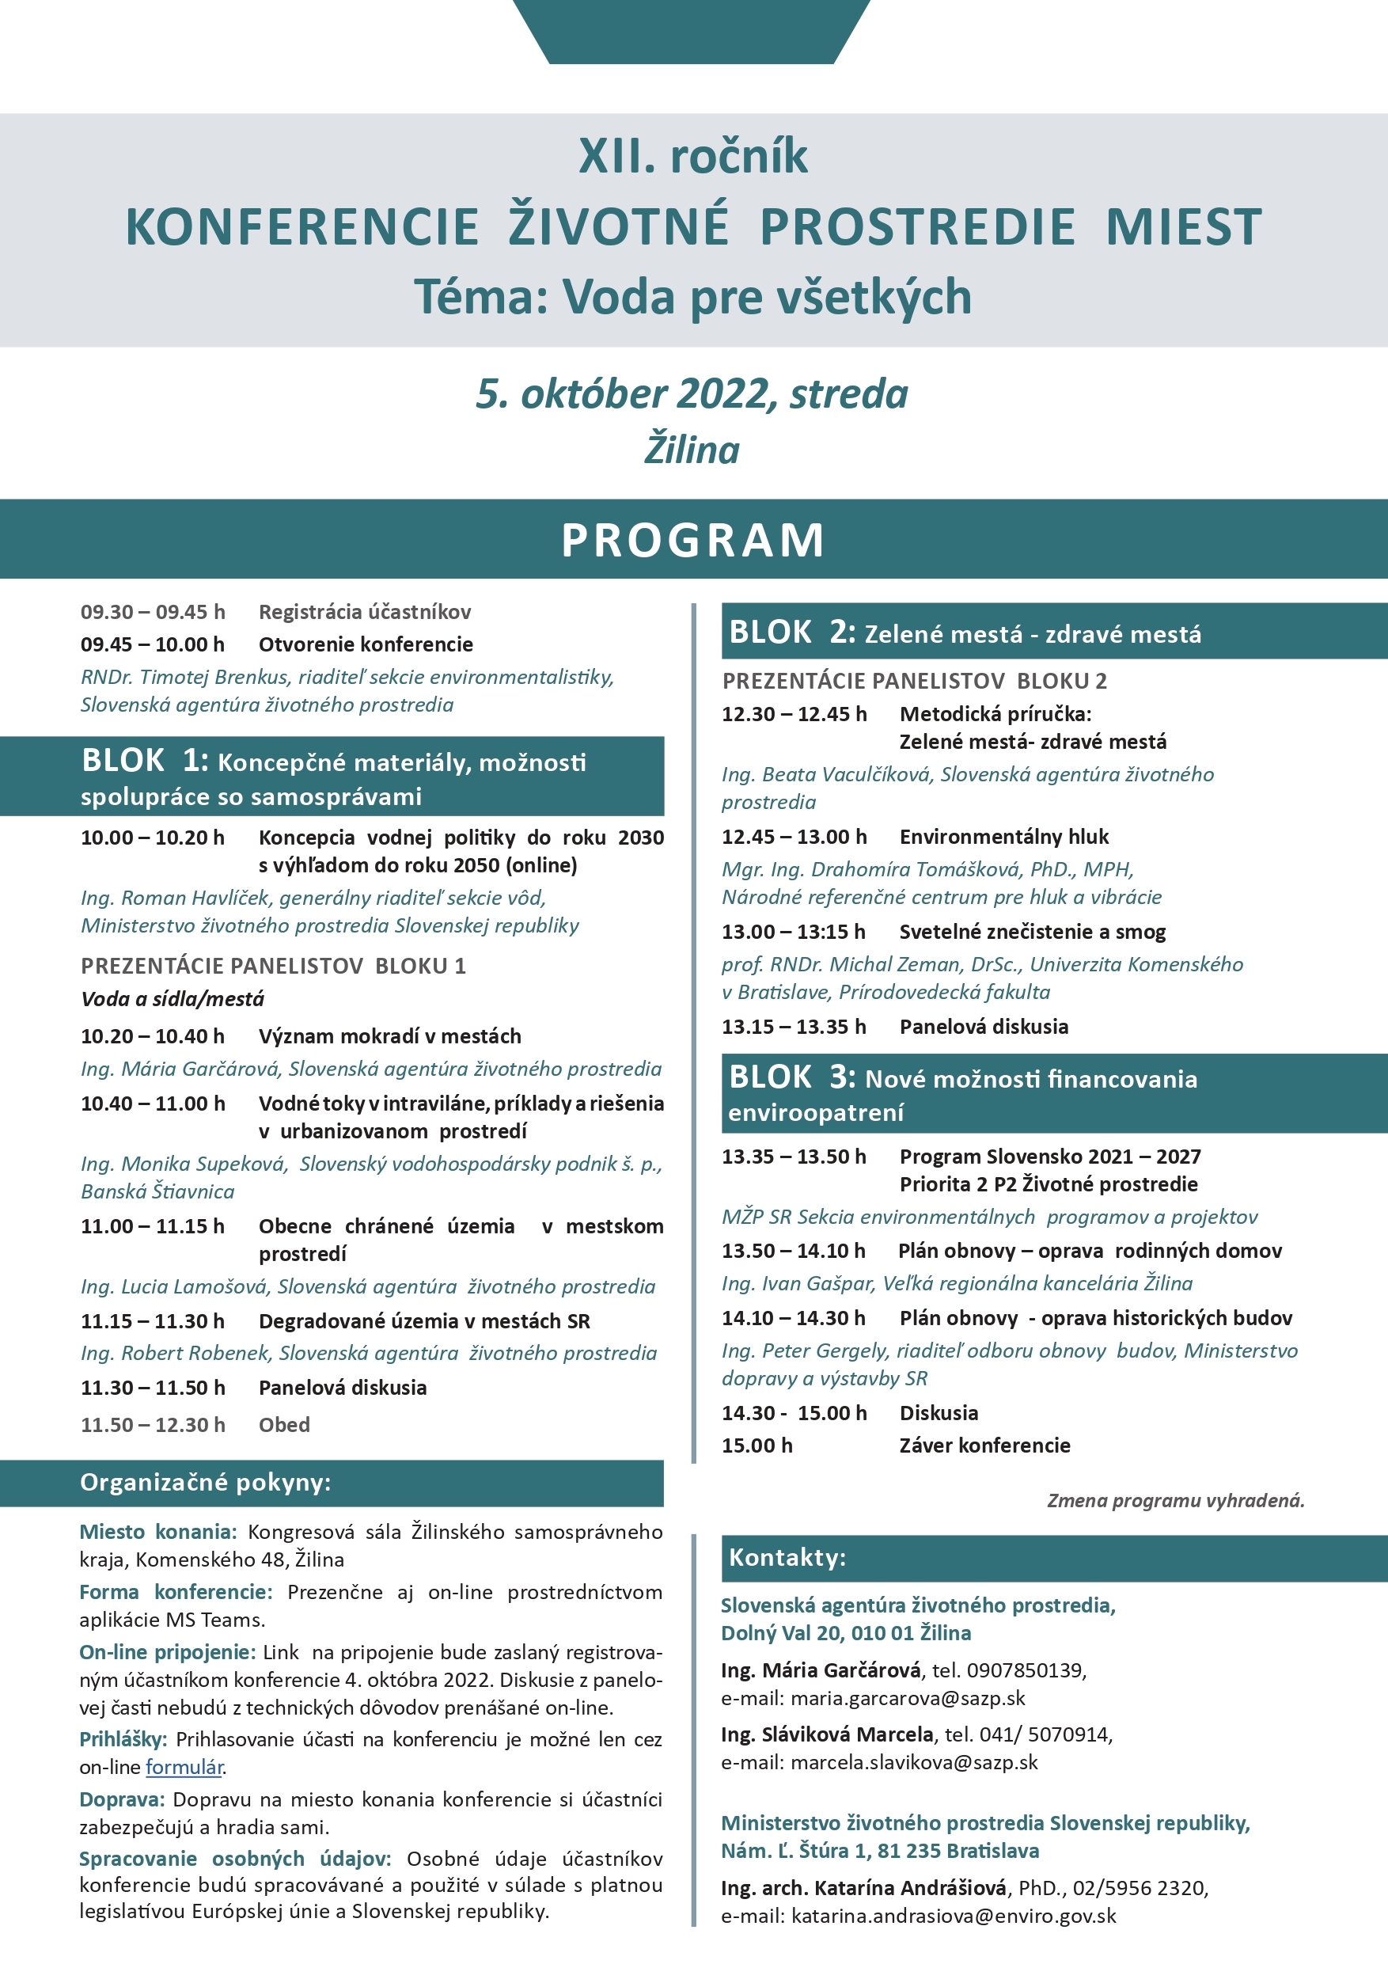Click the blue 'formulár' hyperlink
pyautogui.click(x=184, y=1766)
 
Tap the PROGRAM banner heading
pyautogui.click(x=693, y=540)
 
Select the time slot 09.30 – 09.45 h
pyautogui.click(x=153, y=612)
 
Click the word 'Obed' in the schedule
pyautogui.click(x=284, y=1424)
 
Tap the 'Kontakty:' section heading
pyautogui.click(x=787, y=1557)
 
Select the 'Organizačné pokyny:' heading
pyautogui.click(x=205, y=1483)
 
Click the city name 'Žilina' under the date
pyautogui.click(x=692, y=450)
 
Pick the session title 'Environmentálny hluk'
pyautogui.click(x=1004, y=837)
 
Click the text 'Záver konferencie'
pyautogui.click(x=984, y=1445)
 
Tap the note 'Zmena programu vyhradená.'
pyautogui.click(x=1176, y=1499)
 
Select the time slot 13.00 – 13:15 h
pyautogui.click(x=794, y=932)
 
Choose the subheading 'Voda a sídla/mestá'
pyautogui.click(x=173, y=998)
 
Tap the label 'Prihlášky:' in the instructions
pyautogui.click(x=123, y=1739)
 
